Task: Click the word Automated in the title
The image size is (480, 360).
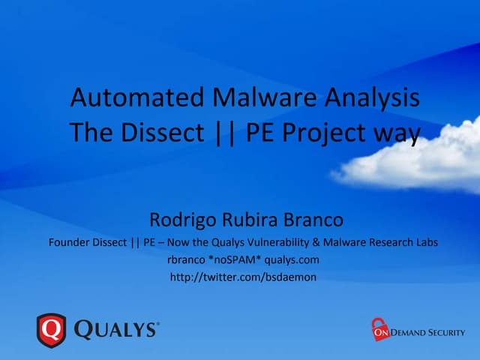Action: click(x=121, y=98)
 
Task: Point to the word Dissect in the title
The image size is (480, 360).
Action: click(x=157, y=133)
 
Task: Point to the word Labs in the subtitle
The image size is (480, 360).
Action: click(x=424, y=242)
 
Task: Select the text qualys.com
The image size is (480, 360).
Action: click(x=292, y=260)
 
